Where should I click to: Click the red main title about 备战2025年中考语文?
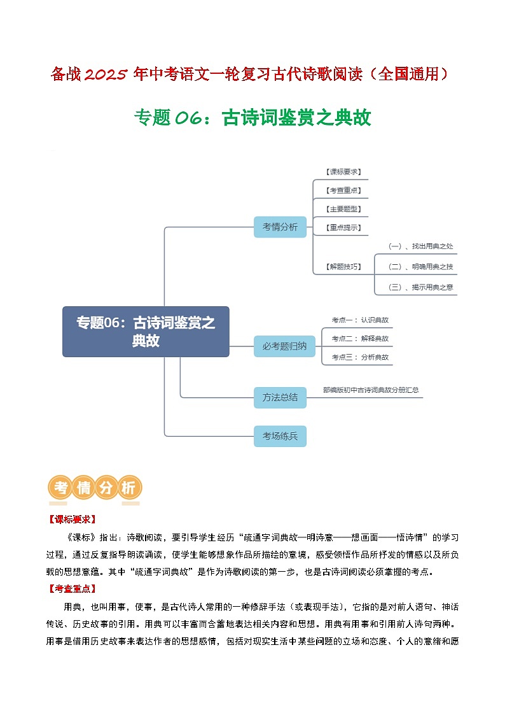252,74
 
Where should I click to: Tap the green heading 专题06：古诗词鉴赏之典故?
253,118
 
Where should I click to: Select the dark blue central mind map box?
146,332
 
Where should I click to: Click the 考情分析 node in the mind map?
280,227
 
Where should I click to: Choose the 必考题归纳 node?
284,346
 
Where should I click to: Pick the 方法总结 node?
280,397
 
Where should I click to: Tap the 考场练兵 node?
280,437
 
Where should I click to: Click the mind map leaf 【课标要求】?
343,172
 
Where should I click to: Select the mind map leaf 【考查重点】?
343,190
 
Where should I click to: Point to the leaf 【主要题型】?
343,209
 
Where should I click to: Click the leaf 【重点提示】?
343,227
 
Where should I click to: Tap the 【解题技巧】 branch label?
343,267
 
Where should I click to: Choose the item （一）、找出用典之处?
420,246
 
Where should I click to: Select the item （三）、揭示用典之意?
420,287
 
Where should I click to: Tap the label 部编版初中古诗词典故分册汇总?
371,390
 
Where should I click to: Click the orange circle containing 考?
61,488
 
